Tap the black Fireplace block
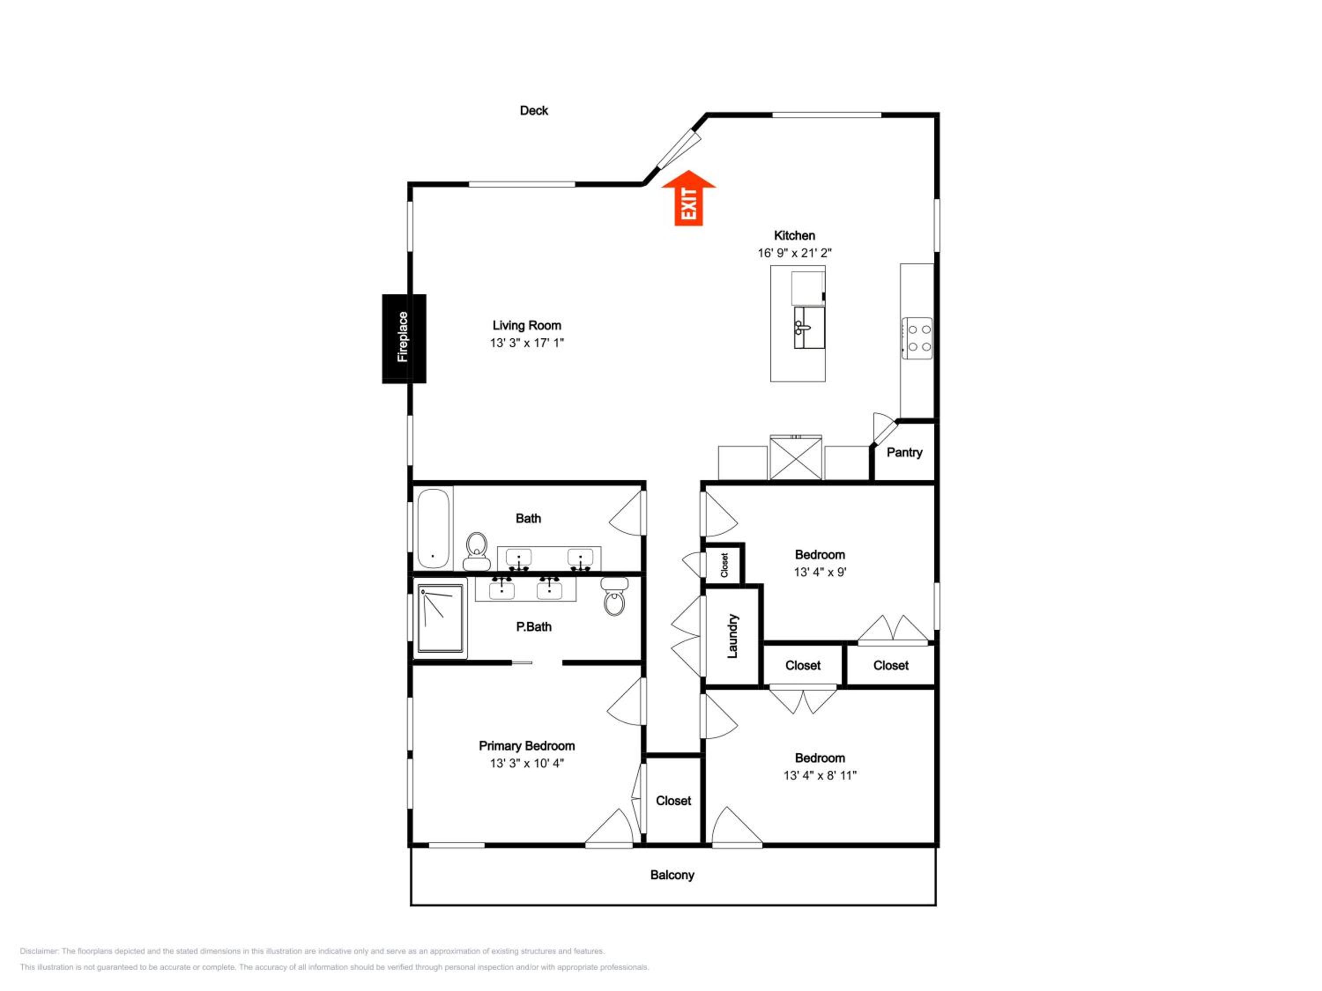pyautogui.click(x=404, y=338)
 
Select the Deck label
pyautogui.click(x=534, y=111)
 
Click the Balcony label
pyautogui.click(x=672, y=875)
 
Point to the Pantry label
pyautogui.click(x=904, y=452)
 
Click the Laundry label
pyautogui.click(x=732, y=636)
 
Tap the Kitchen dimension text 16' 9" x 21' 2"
pyautogui.click(x=794, y=253)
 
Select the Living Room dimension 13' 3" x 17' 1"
pyautogui.click(x=527, y=342)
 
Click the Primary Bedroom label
pyautogui.click(x=527, y=746)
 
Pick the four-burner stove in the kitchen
pyautogui.click(x=917, y=338)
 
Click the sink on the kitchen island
pyautogui.click(x=809, y=327)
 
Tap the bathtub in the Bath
pyautogui.click(x=433, y=529)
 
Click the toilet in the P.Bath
pyautogui.click(x=614, y=596)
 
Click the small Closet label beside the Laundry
pyautogui.click(x=724, y=565)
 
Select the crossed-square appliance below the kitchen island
pyautogui.click(x=795, y=458)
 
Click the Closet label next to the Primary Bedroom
pyautogui.click(x=673, y=800)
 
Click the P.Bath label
pyautogui.click(x=534, y=627)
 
